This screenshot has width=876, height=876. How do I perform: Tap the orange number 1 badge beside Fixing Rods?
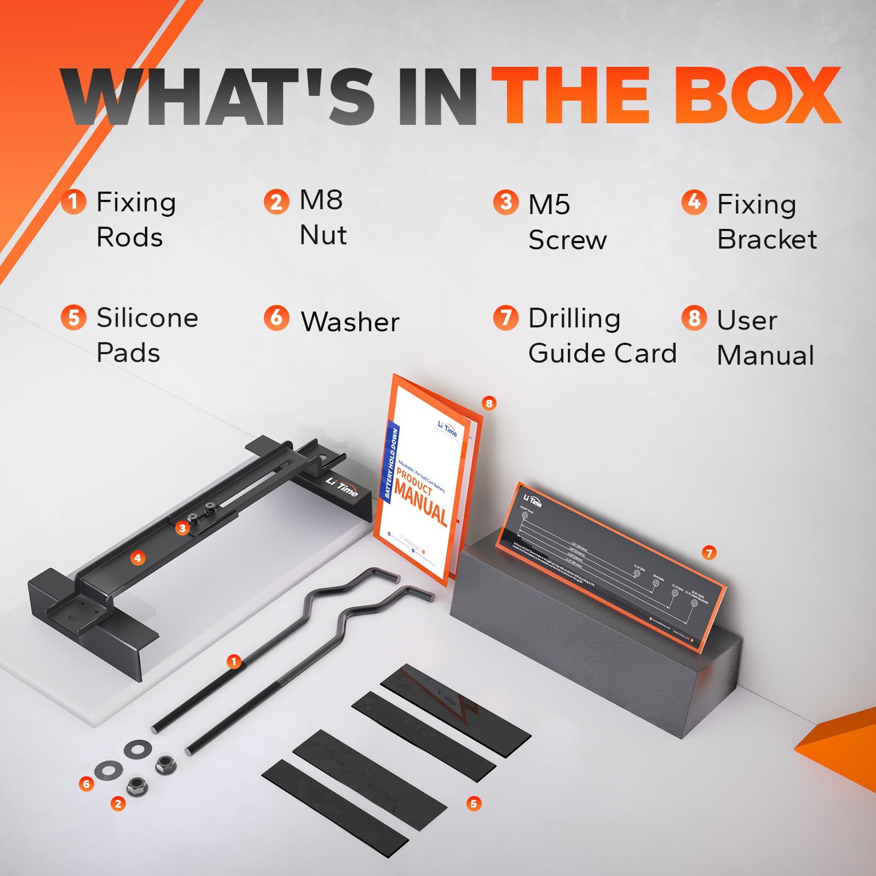coord(73,201)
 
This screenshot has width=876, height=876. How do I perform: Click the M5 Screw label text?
coord(567,222)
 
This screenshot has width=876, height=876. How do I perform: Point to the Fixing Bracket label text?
coord(766,221)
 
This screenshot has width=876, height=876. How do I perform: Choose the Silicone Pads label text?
coord(147,335)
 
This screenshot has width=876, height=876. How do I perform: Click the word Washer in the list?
coord(350,321)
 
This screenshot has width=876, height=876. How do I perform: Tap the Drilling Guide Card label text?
coord(602,335)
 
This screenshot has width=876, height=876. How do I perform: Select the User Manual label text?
coord(765,337)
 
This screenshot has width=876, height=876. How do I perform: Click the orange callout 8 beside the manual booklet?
coord(489,404)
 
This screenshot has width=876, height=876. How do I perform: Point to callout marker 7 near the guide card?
coord(709,553)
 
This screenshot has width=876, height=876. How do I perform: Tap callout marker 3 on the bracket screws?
coord(182,528)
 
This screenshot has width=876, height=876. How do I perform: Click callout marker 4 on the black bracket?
coord(137,558)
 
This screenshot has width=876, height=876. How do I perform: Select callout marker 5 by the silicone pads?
coord(474,804)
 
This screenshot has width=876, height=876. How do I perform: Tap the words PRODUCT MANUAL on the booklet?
coord(420,495)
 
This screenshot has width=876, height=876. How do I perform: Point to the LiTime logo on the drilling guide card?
coord(532,500)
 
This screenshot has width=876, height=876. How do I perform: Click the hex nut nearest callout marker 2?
coord(135,786)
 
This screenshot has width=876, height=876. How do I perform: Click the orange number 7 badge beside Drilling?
coord(505,318)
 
